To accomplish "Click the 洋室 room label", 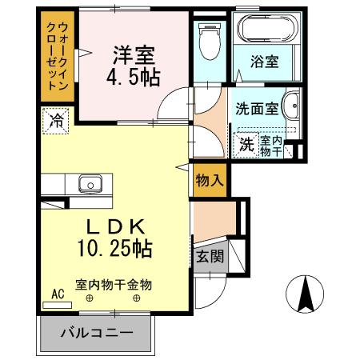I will tap(132, 56).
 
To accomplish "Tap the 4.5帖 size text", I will tap(132, 78).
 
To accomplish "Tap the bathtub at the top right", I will tap(266, 30).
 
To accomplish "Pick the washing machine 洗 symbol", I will tap(247, 144).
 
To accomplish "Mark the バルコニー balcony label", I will tap(96, 332).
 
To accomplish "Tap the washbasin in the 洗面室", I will tap(293, 106).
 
